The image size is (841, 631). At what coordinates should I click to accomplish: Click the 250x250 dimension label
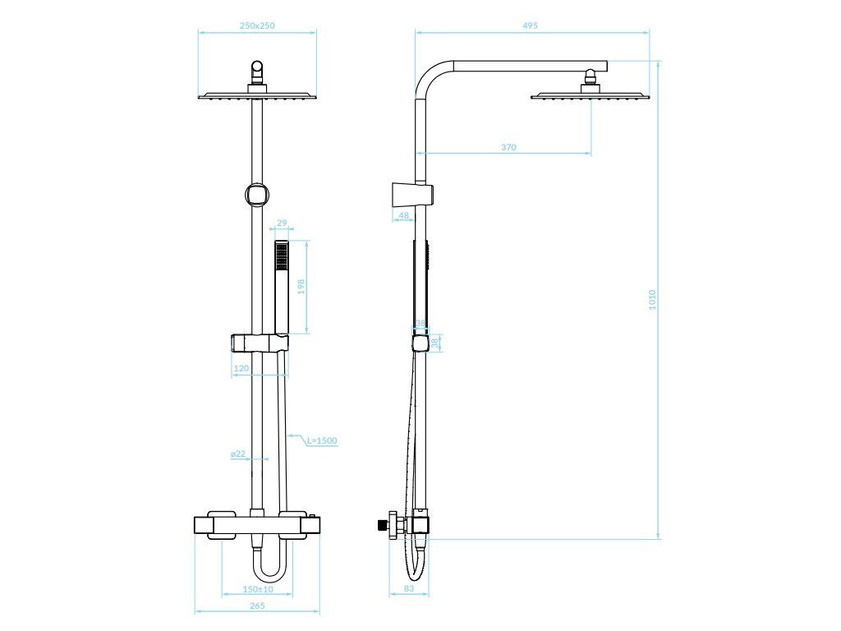coord(257,25)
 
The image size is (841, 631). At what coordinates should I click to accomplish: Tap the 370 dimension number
coord(508,147)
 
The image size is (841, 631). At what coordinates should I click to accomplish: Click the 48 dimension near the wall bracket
coord(403,215)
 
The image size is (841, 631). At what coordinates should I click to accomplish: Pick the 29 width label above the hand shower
coord(282,223)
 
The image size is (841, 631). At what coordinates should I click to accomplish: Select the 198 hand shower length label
coord(301,287)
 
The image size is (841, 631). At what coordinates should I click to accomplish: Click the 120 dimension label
coord(241,369)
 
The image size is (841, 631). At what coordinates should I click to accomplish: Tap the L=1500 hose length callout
coord(322,441)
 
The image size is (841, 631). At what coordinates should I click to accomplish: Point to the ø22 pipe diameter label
coord(238,454)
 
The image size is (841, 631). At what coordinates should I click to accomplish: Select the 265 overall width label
coord(256,606)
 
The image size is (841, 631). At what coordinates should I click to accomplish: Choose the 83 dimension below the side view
coord(409,589)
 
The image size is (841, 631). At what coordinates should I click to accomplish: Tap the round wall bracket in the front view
coord(256,195)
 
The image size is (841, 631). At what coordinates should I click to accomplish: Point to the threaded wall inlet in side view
coord(382,523)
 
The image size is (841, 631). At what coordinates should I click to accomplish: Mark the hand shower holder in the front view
coord(260,342)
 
